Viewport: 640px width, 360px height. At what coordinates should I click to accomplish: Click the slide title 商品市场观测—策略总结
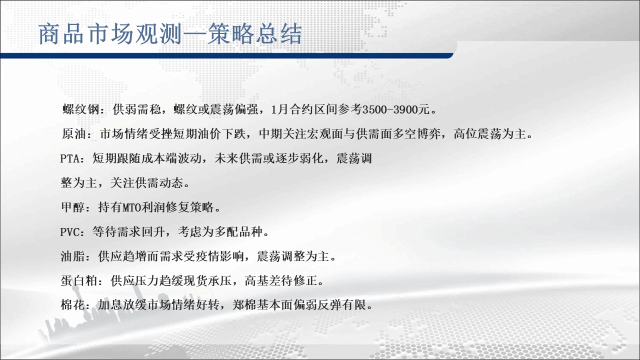(170, 34)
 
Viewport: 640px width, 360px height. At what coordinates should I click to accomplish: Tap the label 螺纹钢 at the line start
(81, 109)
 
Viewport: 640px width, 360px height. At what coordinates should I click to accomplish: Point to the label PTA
(69, 158)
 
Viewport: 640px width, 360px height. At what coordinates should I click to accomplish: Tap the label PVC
(69, 231)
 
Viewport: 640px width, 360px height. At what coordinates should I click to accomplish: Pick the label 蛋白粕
(79, 281)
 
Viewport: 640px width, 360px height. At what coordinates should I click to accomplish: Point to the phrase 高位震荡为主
(489, 133)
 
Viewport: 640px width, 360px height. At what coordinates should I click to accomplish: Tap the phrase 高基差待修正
(281, 281)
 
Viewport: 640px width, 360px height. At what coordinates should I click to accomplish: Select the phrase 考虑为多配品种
(220, 231)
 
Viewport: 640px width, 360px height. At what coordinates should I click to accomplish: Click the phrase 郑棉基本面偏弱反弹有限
(299, 305)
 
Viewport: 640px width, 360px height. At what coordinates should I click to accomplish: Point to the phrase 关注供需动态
(146, 183)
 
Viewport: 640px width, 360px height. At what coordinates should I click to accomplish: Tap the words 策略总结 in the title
(254, 34)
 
